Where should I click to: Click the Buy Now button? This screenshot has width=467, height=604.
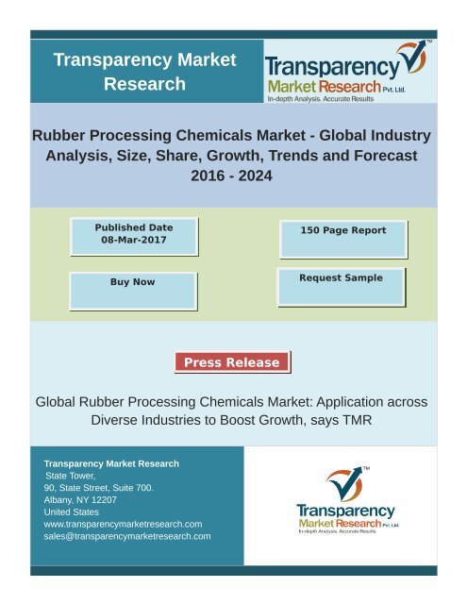coord(133,282)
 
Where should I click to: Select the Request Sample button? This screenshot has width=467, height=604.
coord(341,278)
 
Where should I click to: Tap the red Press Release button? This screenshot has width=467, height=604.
coord(232,362)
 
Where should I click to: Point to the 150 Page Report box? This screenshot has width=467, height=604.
coord(342,229)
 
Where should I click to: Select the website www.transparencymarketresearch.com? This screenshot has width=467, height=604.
coord(124,523)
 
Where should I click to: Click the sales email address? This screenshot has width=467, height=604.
coord(127,536)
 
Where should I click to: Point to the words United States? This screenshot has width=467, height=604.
coord(71,512)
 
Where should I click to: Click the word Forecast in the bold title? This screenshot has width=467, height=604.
coord(384,157)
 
